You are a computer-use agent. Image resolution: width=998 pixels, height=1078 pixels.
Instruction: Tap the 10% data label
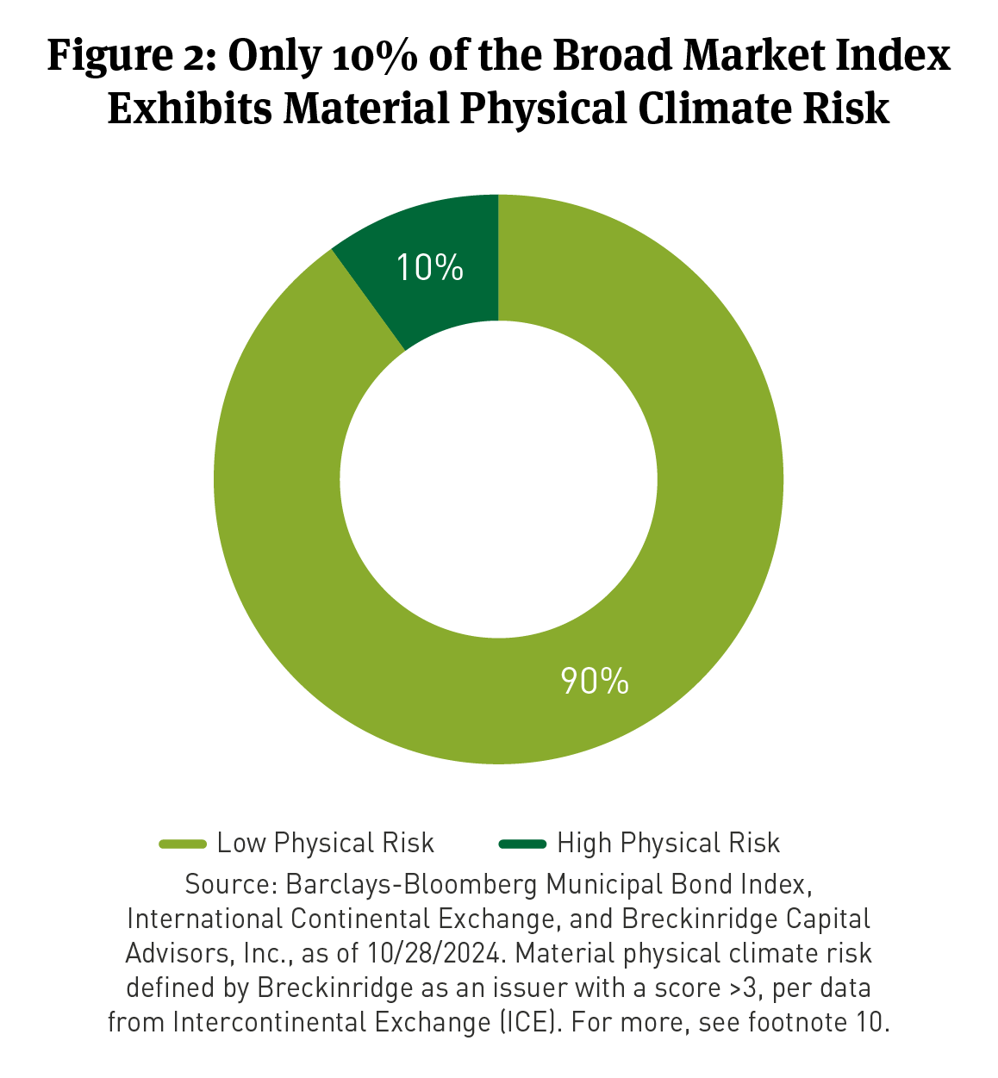tap(430, 268)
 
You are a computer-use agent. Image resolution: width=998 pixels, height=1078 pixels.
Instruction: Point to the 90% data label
tap(595, 681)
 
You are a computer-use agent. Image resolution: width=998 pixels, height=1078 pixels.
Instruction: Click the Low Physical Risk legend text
tap(325, 843)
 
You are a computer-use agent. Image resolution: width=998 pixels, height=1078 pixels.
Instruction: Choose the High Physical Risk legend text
tap(668, 843)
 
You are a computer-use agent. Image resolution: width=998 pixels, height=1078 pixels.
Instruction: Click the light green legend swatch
tap(183, 844)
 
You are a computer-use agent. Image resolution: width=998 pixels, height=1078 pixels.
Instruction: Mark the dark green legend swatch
tap(522, 844)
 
